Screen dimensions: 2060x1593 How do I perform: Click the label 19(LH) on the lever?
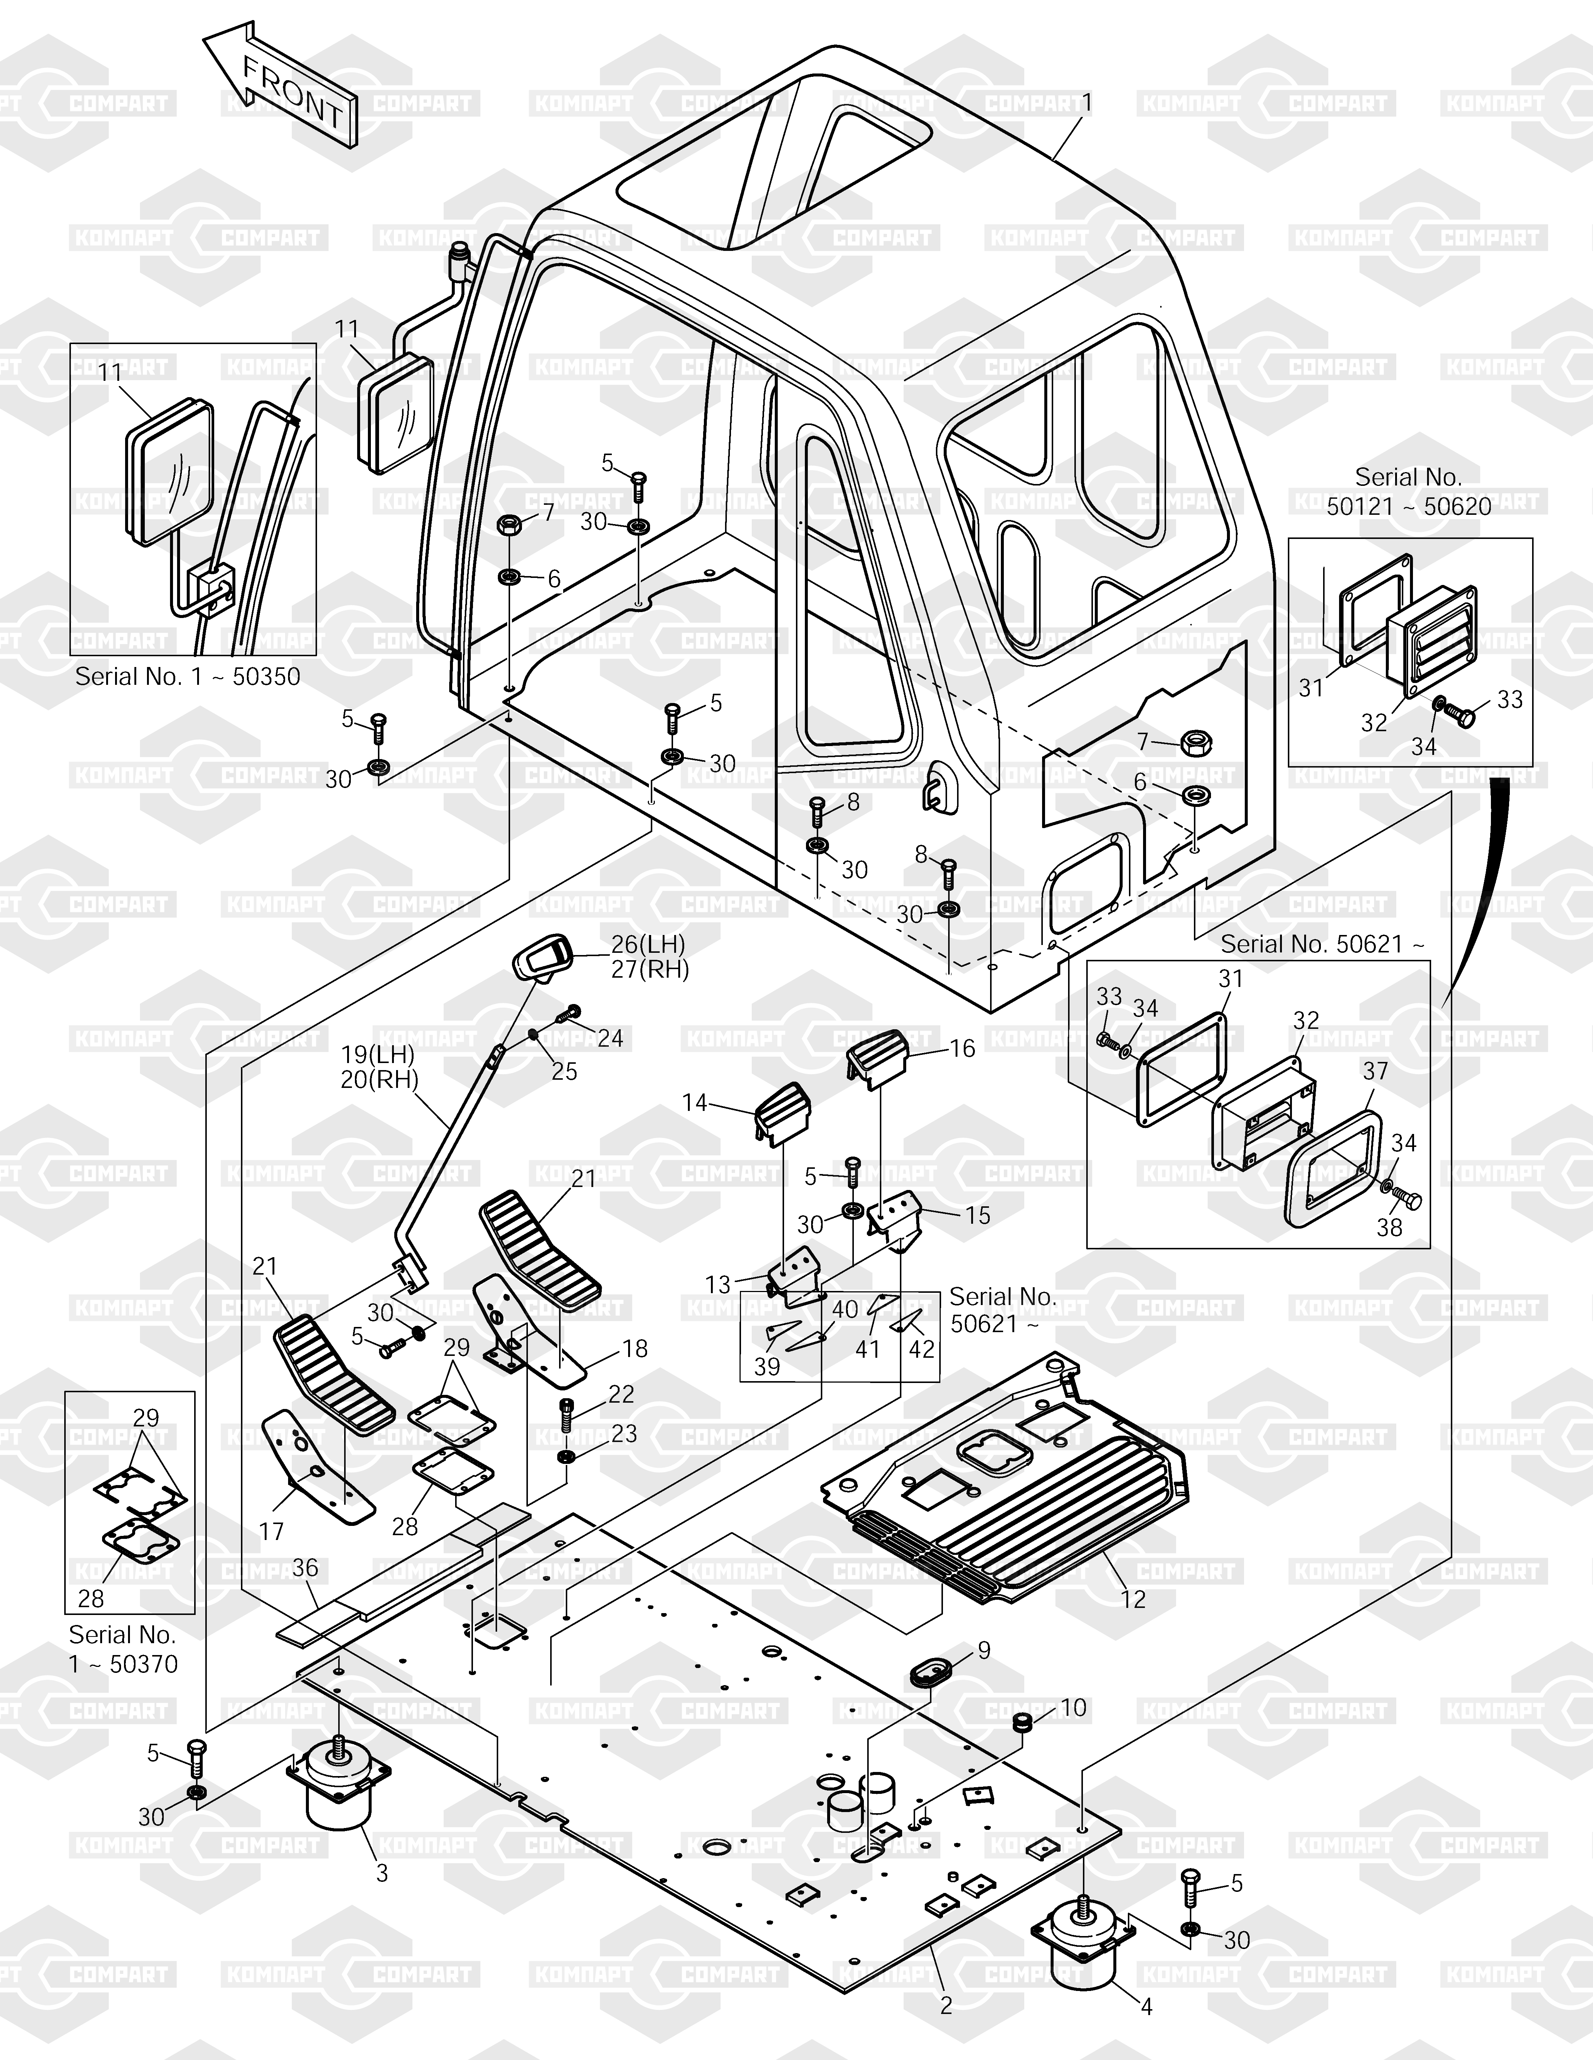[x=377, y=1054]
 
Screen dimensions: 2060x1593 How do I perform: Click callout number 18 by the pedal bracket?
[x=635, y=1349]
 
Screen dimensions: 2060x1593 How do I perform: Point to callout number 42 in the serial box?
[x=921, y=1349]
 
